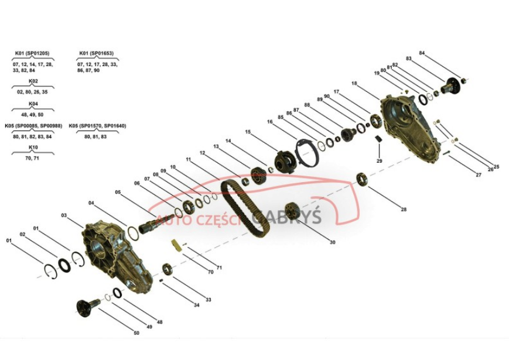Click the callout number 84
(422, 53)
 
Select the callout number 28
(403, 209)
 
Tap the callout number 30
(333, 242)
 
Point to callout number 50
(136, 334)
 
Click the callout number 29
(380, 160)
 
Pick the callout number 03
(64, 215)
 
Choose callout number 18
(354, 84)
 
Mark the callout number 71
(220, 268)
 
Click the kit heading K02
(33, 81)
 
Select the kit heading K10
(33, 147)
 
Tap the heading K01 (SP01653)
(96, 53)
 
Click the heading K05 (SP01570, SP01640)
(97, 125)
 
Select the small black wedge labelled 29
(378, 139)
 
